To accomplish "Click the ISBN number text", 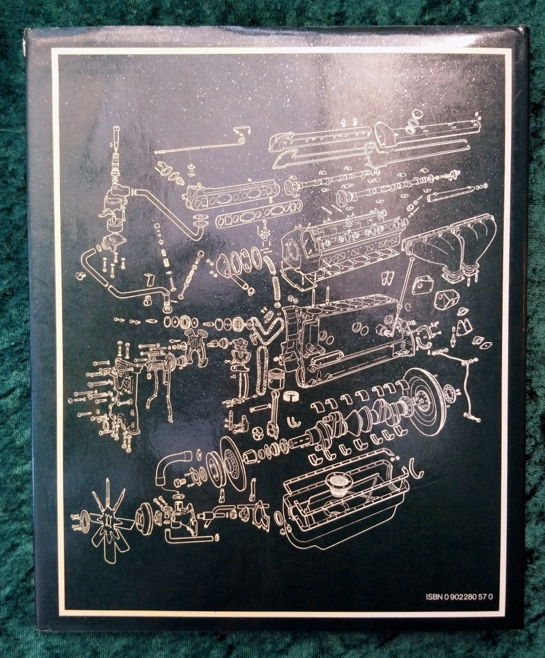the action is tap(460, 597).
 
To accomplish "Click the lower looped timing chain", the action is tap(261, 370).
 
